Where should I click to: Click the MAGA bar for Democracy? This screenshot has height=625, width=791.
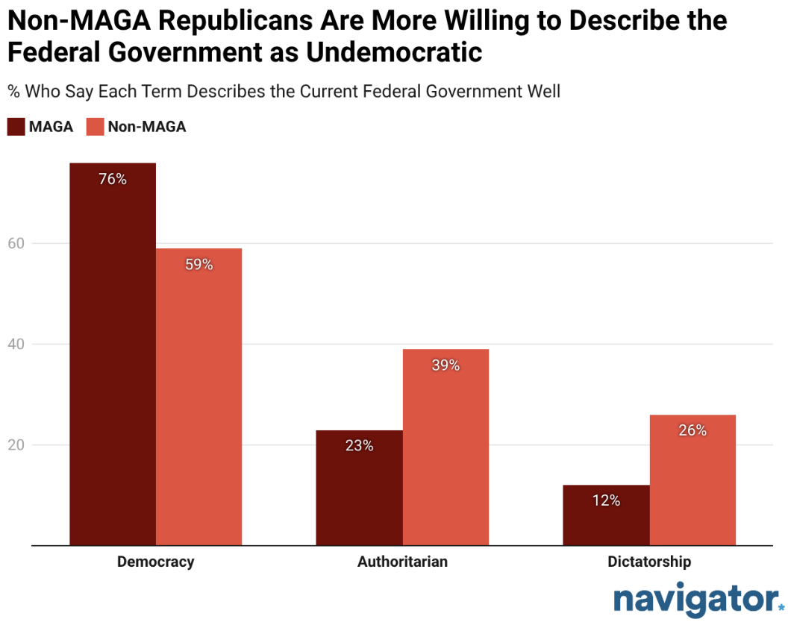click(x=113, y=354)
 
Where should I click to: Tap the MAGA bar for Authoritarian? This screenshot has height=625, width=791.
click(x=359, y=488)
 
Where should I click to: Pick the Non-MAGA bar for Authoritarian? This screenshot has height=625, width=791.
click(x=445, y=447)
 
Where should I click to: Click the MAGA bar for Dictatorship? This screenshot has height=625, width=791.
click(x=606, y=515)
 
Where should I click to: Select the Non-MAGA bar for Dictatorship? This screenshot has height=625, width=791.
click(x=692, y=480)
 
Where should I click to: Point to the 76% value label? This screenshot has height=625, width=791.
click(x=113, y=179)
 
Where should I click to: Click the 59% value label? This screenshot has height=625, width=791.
click(x=199, y=265)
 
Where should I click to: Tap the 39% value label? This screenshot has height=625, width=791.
click(x=445, y=365)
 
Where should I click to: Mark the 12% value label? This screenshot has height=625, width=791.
click(x=606, y=500)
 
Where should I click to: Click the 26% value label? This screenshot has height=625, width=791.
click(x=692, y=430)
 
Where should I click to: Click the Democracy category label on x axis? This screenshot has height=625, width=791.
click(x=155, y=562)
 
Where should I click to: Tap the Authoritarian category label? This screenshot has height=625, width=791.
click(x=402, y=562)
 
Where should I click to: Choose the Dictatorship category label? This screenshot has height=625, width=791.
click(x=648, y=562)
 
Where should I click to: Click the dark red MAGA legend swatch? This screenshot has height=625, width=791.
click(x=16, y=127)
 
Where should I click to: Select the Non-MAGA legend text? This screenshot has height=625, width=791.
click(x=146, y=127)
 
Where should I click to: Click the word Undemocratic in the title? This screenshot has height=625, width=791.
click(x=385, y=53)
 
